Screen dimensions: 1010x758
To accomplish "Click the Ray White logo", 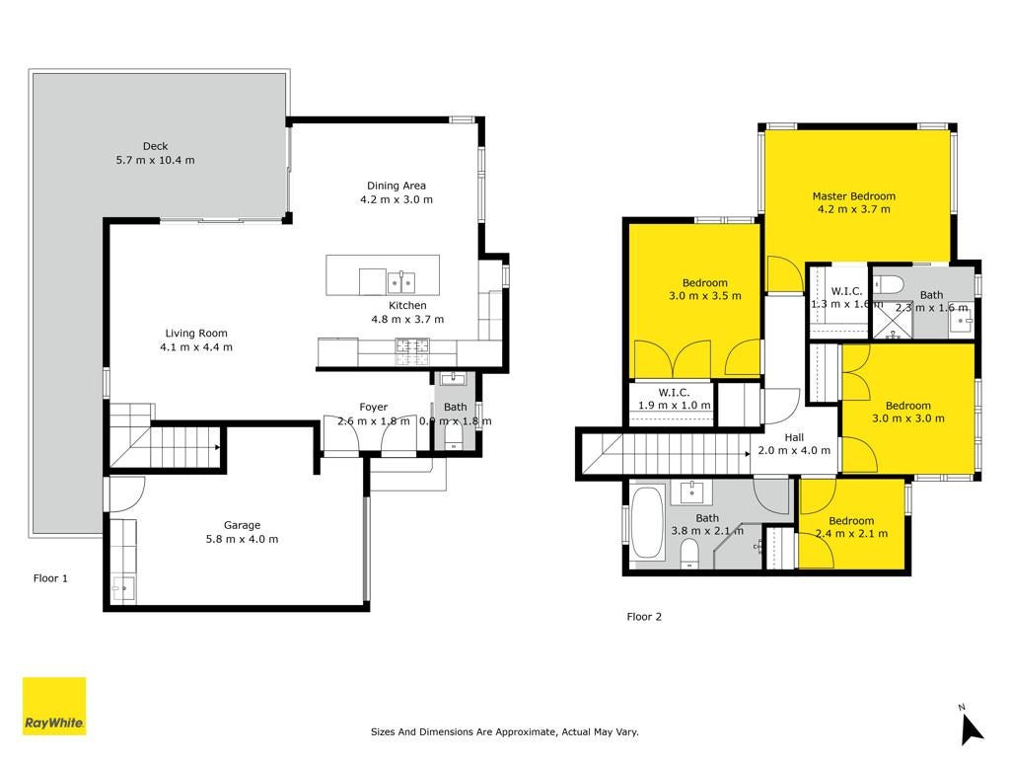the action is click(54, 706).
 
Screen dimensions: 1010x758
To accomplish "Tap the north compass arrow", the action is click(972, 729).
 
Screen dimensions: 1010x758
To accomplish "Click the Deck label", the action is click(155, 146).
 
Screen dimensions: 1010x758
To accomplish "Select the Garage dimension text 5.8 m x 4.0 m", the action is click(243, 539).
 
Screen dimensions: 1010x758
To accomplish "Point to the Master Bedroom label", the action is click(853, 196).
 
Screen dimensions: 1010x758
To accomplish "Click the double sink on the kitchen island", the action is click(400, 281).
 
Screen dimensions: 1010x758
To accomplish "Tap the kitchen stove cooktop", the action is click(412, 348).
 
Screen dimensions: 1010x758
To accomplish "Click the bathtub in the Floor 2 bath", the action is click(647, 523).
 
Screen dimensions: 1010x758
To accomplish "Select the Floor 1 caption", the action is click(50, 578).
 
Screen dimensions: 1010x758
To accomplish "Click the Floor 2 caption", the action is click(644, 616).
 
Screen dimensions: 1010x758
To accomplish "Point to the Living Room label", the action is click(196, 334).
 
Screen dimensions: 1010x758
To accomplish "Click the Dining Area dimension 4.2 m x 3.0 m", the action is click(397, 199).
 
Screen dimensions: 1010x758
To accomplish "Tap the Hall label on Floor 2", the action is click(794, 437).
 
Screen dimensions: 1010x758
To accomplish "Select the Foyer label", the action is click(374, 407).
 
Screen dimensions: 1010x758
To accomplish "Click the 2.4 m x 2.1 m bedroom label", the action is click(851, 534).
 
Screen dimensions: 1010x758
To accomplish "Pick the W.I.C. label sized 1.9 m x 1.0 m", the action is click(674, 392).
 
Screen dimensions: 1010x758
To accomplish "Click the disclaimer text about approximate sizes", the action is click(504, 731).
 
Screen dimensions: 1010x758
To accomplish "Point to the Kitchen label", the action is click(407, 306).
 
